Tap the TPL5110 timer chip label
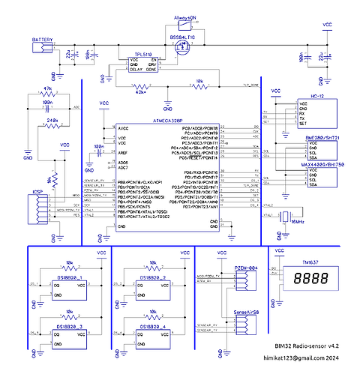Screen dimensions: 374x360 pos(143,55)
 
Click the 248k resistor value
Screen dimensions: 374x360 pos(52,119)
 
